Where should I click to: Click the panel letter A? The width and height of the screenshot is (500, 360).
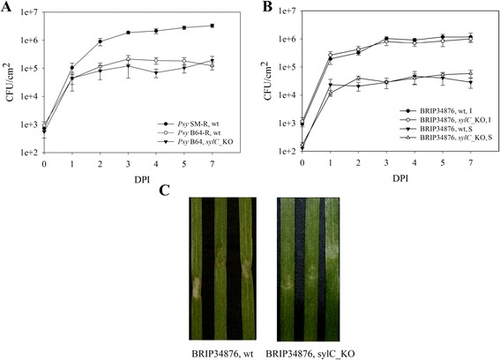pos(7,8)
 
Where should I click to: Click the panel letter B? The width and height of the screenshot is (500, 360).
pos(257,7)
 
